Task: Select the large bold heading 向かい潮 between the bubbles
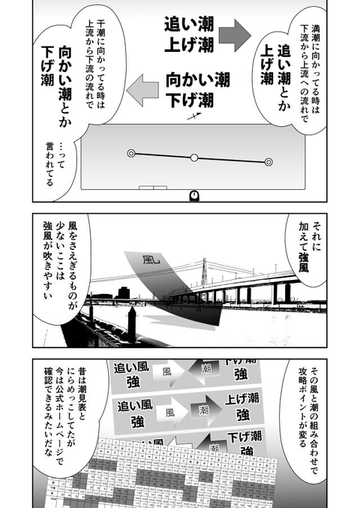198,78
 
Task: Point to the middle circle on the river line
193,158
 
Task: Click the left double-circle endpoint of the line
131,153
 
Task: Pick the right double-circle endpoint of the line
268,161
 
